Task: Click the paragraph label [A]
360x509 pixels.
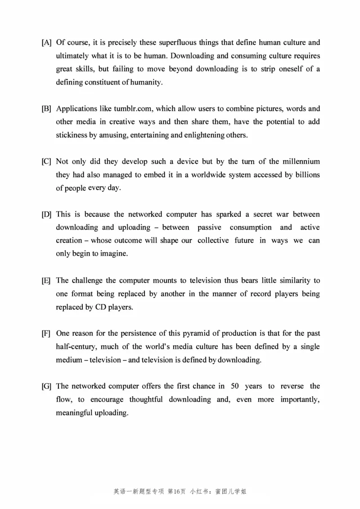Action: (x=46, y=43)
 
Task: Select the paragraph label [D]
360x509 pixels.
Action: (x=46, y=214)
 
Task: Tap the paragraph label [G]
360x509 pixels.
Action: (x=46, y=386)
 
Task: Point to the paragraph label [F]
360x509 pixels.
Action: (x=46, y=334)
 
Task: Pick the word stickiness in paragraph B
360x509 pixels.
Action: (x=71, y=135)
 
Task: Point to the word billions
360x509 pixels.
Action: (x=307, y=175)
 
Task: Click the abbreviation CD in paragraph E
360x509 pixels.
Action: (x=100, y=307)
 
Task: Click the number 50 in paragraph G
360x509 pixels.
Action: (x=235, y=386)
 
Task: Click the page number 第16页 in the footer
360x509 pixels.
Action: (x=176, y=491)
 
